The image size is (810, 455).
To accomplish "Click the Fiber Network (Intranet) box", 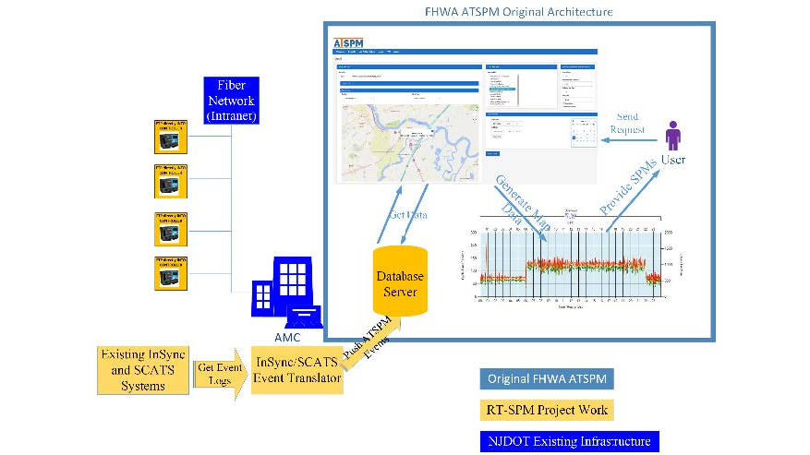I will click(230, 100).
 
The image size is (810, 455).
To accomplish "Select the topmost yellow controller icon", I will click(171, 137).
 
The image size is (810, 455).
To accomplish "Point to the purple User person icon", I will click(673, 139).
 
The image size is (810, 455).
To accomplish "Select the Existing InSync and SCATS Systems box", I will click(143, 369).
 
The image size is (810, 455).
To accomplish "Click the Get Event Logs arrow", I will click(220, 374).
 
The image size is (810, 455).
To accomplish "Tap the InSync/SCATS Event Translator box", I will click(297, 369).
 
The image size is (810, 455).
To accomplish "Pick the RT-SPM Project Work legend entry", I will click(548, 410).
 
